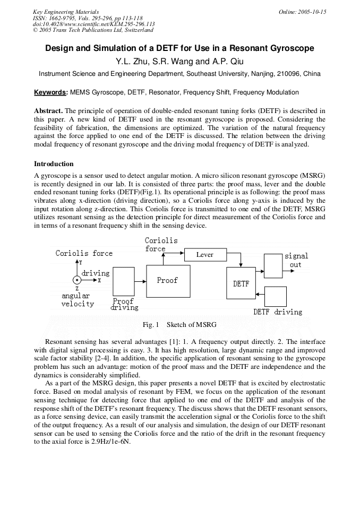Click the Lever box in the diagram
point(204,255)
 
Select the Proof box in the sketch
point(167,280)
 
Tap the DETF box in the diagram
point(241,284)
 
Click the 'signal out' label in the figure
point(296,260)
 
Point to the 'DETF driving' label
point(277,312)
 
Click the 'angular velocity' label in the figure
point(78,300)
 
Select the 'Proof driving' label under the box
point(124,304)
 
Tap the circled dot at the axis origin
point(78,280)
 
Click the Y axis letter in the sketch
point(80,263)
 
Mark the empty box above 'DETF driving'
point(275,296)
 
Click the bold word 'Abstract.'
point(48,110)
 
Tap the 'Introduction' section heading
point(54,163)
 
